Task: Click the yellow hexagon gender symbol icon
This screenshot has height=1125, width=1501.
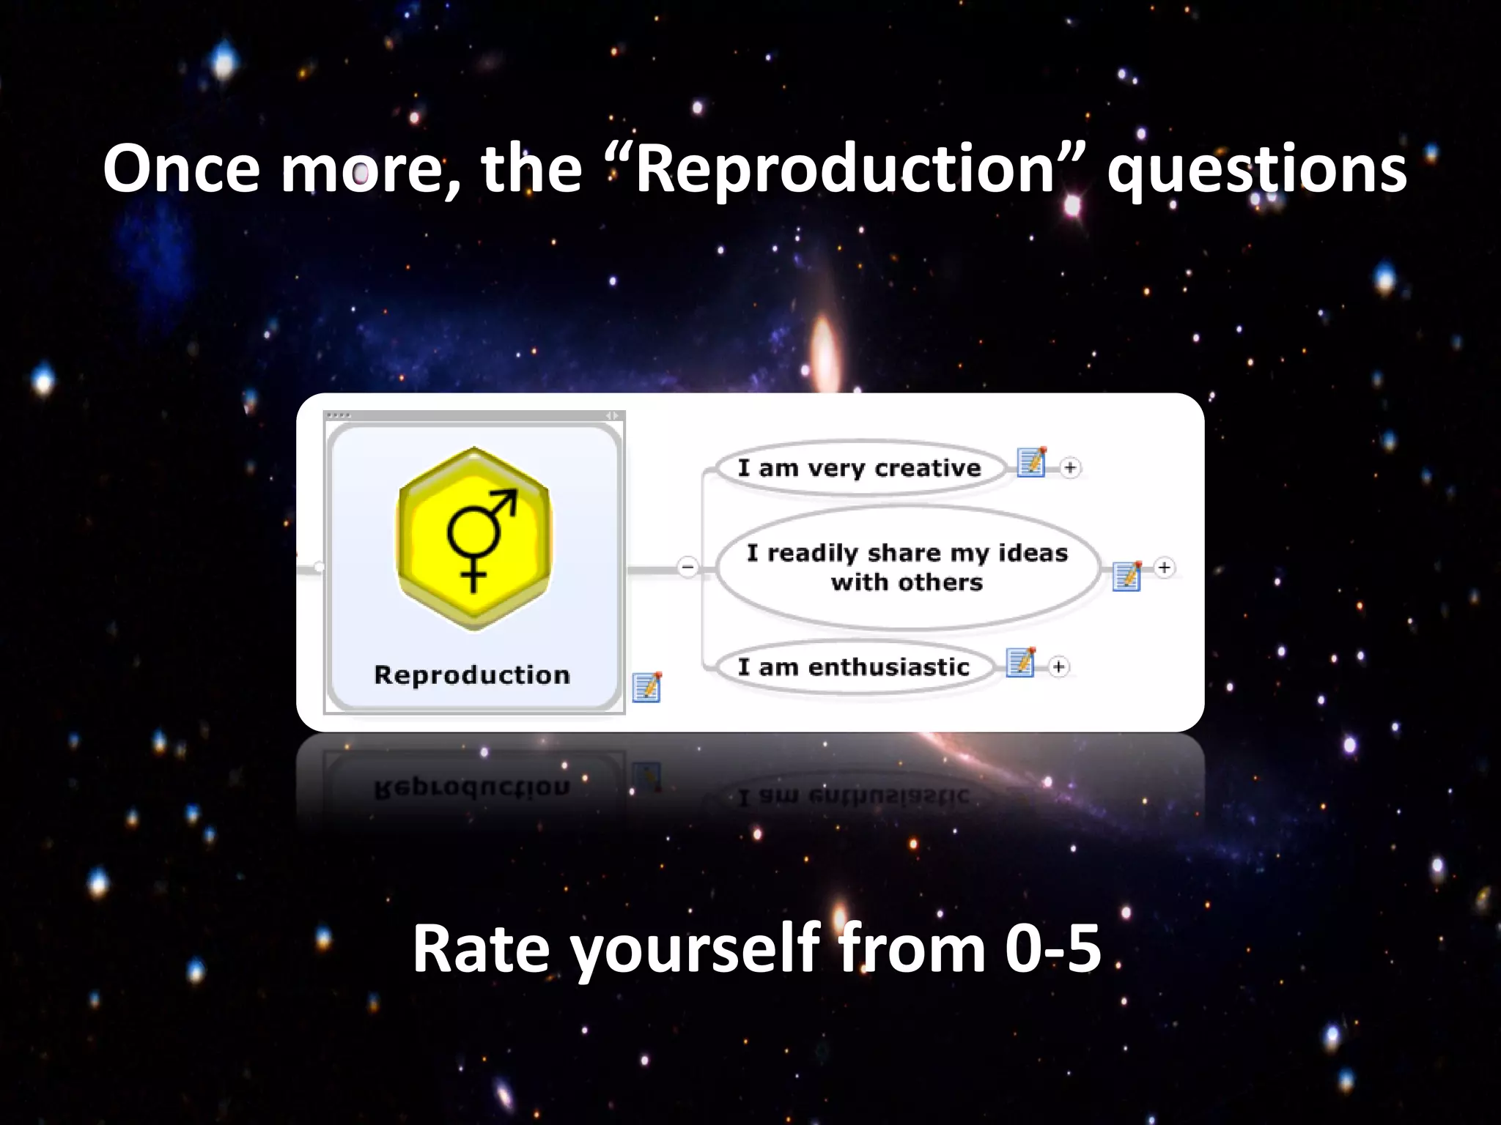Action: coord(473,539)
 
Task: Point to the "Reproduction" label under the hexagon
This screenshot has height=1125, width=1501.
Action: coord(472,675)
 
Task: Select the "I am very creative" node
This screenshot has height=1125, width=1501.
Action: coord(859,468)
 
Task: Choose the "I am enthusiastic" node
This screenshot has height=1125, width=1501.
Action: coord(853,667)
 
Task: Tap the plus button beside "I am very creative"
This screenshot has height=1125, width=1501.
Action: coord(1070,468)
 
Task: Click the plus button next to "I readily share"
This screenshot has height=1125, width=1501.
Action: coord(1164,568)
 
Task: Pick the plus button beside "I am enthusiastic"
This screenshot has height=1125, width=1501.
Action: coord(1058,667)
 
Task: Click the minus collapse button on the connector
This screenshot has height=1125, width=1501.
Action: coord(687,567)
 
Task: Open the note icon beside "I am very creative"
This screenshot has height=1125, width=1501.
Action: coord(1032,462)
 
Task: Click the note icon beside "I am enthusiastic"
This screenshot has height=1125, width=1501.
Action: coord(1021,662)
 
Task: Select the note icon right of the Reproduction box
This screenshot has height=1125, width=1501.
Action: coord(647,687)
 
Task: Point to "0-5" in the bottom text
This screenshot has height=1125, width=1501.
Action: coord(1052,948)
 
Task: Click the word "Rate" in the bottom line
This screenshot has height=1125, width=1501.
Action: coord(480,948)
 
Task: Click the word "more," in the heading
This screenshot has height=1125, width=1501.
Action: coord(371,170)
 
